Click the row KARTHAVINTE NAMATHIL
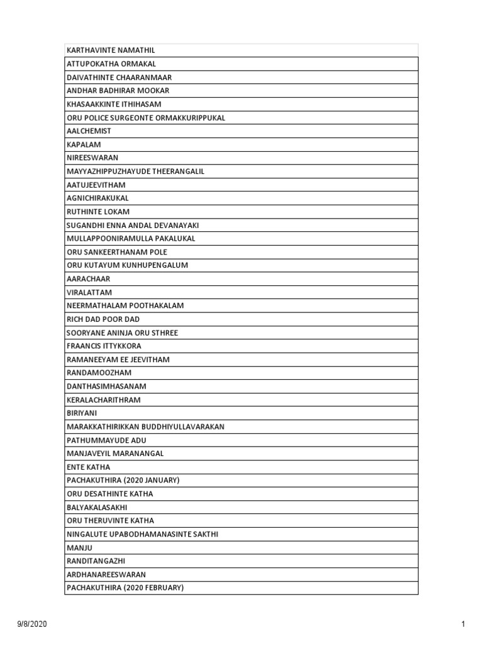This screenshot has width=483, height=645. pyautogui.click(x=111, y=50)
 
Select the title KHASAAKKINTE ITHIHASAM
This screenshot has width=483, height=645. pyautogui.click(x=114, y=104)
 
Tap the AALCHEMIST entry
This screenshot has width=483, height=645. pyautogui.click(x=89, y=131)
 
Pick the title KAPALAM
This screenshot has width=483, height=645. pyautogui.click(x=84, y=144)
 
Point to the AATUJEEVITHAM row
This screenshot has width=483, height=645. pyautogui.click(x=96, y=185)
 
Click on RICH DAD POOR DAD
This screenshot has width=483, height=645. pyautogui.click(x=103, y=319)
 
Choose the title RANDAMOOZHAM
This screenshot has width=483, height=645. pyautogui.click(x=99, y=372)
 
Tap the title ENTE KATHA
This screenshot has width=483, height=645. pyautogui.click(x=88, y=467)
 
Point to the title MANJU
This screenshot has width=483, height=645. pyautogui.click(x=79, y=547)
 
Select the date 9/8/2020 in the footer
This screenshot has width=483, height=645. pyautogui.click(x=31, y=624)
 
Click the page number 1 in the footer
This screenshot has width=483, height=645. pyautogui.click(x=463, y=624)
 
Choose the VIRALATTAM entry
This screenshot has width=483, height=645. pyautogui.click(x=89, y=292)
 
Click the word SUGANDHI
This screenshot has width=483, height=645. pyautogui.click(x=84, y=225)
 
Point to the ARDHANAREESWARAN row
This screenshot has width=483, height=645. pyautogui.click(x=106, y=574)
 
